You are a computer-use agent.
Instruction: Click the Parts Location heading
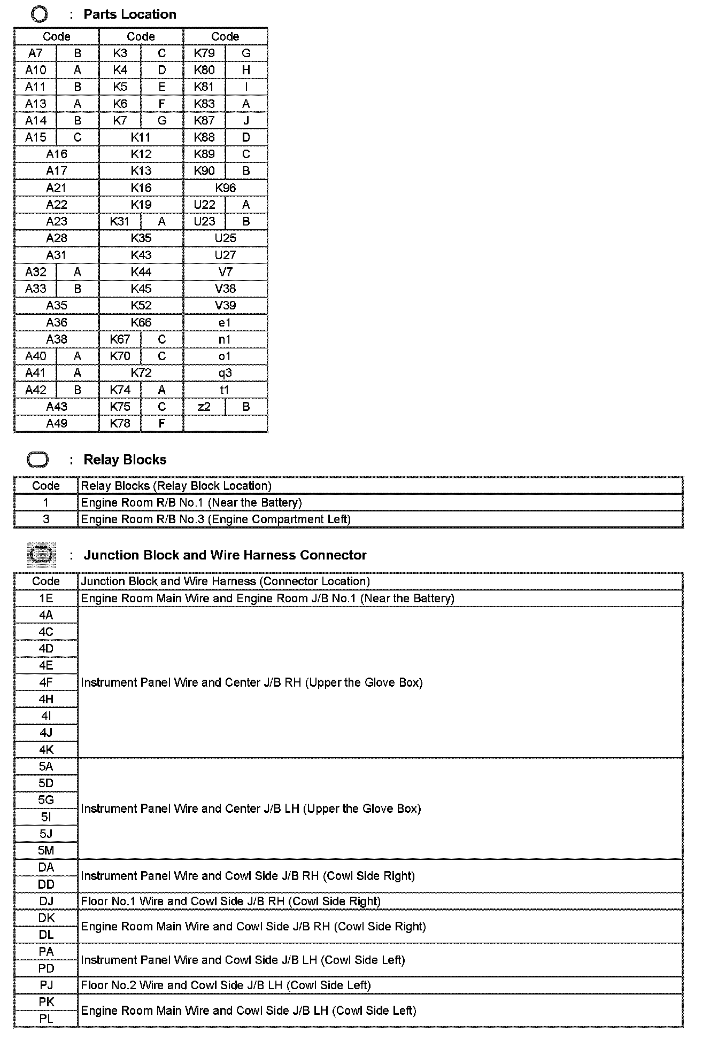[130, 14]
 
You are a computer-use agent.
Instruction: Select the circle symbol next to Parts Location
[40, 14]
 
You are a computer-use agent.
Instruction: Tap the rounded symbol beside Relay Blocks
[37, 460]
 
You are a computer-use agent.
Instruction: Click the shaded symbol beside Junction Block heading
[41, 555]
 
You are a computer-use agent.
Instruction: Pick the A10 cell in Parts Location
[36, 70]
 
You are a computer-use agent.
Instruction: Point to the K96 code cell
[225, 188]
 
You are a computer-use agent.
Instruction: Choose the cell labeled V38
[225, 289]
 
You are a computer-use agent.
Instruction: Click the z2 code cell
[204, 407]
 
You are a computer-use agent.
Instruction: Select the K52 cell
[141, 305]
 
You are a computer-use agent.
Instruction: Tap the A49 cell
[56, 423]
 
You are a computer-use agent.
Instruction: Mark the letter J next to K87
[246, 120]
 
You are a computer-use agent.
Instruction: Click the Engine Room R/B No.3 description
[215, 519]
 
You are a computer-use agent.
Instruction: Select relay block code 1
[46, 502]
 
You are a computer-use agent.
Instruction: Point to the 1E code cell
[46, 599]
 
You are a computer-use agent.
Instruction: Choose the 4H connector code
[46, 699]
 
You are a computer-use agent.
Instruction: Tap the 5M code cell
[46, 850]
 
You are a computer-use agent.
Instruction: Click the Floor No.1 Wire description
[230, 902]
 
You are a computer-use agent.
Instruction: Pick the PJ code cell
[46, 985]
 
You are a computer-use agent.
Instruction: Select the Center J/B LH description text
[251, 809]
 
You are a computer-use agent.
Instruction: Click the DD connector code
[46, 884]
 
